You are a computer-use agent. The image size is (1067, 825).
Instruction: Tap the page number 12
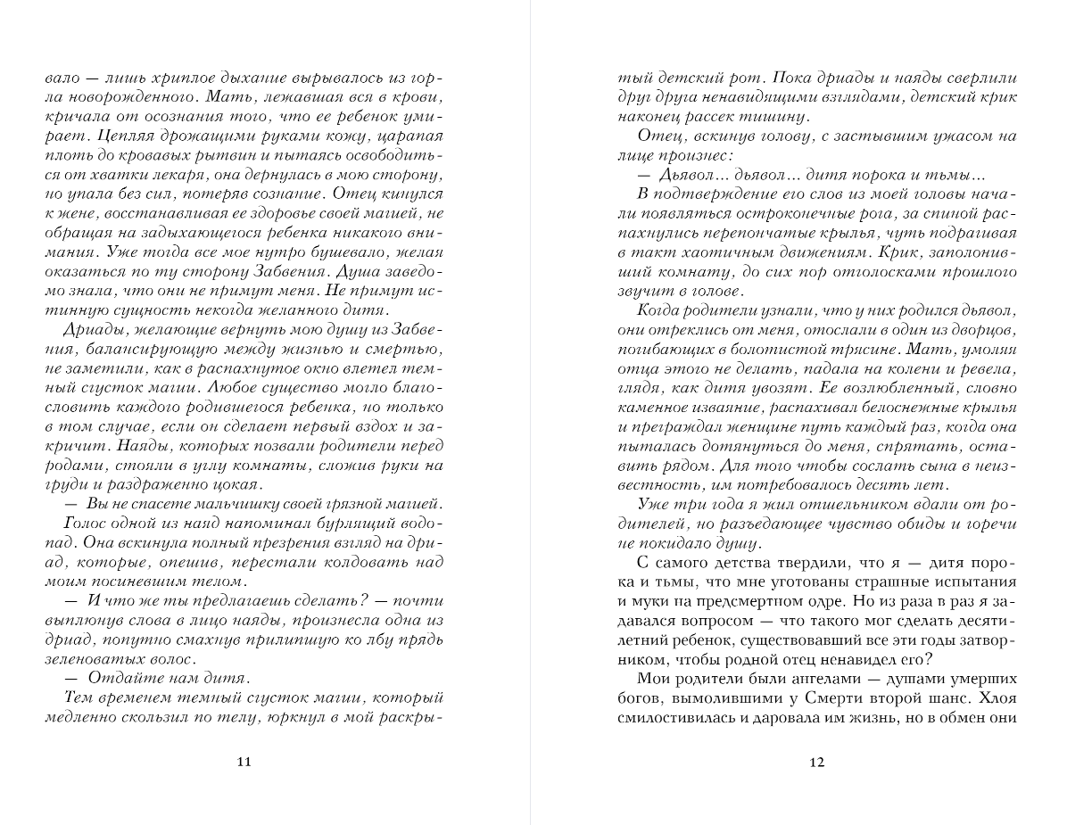(x=817, y=761)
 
